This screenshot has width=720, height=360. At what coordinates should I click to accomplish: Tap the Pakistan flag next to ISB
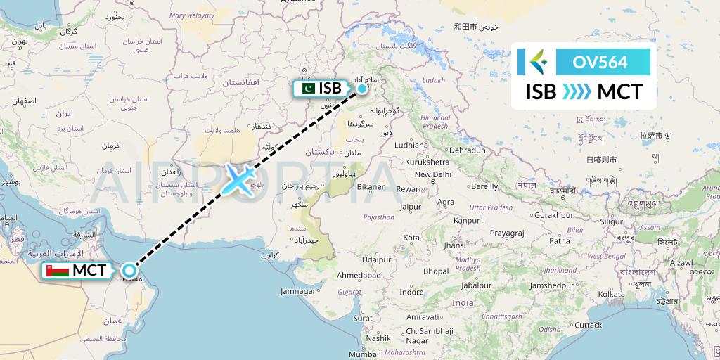click(x=307, y=89)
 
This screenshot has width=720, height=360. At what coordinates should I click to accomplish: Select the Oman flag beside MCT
click(x=58, y=271)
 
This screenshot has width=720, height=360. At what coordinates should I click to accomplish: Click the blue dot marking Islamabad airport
click(x=362, y=89)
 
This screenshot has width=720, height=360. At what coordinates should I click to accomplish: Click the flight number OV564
click(x=600, y=62)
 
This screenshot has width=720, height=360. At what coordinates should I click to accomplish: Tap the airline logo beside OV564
click(x=536, y=62)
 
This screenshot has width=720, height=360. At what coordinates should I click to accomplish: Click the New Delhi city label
click(x=432, y=174)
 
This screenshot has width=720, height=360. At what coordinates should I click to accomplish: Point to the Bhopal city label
click(x=437, y=271)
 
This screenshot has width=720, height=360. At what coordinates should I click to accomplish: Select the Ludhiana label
click(x=411, y=146)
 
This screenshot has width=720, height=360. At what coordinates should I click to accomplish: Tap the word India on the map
click(x=463, y=302)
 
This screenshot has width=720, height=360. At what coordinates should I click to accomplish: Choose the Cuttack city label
click(x=587, y=325)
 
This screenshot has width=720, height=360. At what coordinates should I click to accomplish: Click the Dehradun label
click(x=468, y=150)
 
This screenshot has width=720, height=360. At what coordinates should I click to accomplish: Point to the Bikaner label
click(x=370, y=186)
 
